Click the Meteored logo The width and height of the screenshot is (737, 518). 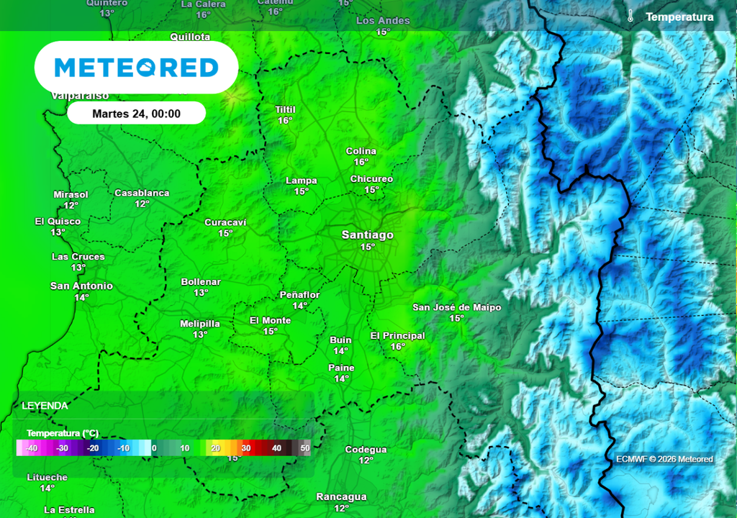coord(136,68)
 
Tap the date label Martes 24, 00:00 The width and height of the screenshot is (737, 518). coord(136,114)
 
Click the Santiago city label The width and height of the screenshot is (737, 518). coord(367,235)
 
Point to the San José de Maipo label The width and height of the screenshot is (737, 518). coord(456,307)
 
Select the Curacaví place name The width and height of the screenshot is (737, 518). coord(225,222)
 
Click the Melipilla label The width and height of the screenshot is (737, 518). coord(199,324)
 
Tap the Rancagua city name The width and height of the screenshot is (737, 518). coord(341,496)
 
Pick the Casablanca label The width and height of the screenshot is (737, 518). coord(142,193)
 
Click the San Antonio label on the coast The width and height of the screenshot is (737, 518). coord(81,286)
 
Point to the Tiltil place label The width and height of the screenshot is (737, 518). coord(286,109)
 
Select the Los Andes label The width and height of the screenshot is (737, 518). coord(383,21)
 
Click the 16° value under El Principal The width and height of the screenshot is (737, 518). coord(397,347)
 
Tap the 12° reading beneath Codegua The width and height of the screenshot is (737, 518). coord(366,460)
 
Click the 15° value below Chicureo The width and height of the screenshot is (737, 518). coord(371,190)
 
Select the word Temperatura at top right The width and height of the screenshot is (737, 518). coord(679,17)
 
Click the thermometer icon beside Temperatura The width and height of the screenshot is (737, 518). coord(630,17)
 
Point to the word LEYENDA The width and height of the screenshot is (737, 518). coord(45,406)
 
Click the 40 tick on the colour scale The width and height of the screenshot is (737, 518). coord(276,447)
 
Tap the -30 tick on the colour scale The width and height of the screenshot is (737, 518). coord(62,447)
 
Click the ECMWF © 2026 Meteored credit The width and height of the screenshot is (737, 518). coord(664,459)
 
